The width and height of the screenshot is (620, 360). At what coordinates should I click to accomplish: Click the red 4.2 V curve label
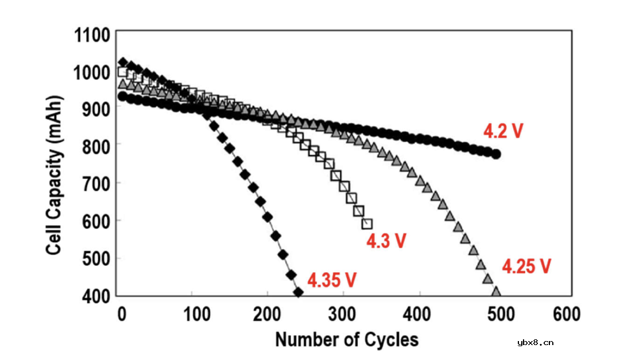[503, 131]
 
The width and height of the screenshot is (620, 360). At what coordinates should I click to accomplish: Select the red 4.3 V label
[386, 241]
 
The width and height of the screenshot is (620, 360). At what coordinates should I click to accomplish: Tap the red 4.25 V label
[526, 266]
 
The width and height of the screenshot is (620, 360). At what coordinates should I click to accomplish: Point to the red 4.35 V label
[332, 280]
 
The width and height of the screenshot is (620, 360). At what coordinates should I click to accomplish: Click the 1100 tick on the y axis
[92, 36]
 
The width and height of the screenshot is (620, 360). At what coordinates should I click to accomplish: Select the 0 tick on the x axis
[122, 315]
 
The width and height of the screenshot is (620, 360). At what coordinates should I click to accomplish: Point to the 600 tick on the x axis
[564, 315]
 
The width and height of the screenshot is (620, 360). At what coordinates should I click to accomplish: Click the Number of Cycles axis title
[347, 339]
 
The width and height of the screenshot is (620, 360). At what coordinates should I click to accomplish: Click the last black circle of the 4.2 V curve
[497, 154]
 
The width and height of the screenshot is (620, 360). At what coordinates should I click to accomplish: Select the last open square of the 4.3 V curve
[367, 223]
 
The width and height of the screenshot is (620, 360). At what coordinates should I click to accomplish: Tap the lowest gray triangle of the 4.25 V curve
[496, 292]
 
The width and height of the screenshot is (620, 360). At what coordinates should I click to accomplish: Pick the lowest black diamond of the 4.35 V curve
[298, 293]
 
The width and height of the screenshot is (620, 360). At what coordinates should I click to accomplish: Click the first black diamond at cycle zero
[122, 62]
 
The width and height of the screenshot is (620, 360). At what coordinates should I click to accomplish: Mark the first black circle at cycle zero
[122, 96]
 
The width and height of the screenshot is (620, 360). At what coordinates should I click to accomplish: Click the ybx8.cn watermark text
[535, 343]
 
